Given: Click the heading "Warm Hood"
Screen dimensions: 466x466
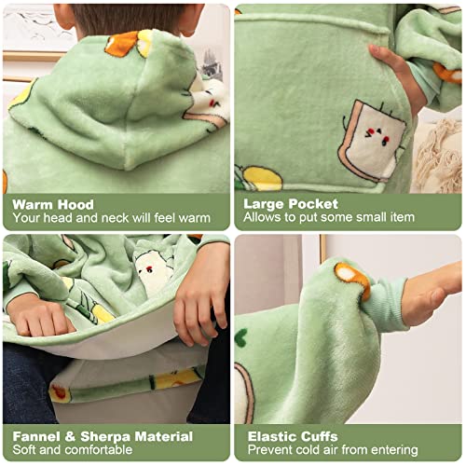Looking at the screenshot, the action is click(x=53, y=204).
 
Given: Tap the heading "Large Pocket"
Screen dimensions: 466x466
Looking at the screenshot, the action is click(x=291, y=204).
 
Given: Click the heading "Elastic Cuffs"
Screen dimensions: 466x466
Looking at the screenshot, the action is click(x=293, y=436).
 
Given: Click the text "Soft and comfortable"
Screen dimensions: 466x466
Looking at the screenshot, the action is click(x=73, y=449).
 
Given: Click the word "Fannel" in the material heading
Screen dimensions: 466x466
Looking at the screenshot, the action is click(x=36, y=436).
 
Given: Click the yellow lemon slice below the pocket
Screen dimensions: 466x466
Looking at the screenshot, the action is click(x=263, y=178).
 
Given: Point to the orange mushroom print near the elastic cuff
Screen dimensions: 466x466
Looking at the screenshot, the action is click(x=352, y=278).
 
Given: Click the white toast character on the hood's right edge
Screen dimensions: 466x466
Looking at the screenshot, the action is click(x=208, y=103).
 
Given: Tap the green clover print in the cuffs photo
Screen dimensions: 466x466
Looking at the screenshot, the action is click(x=241, y=337).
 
